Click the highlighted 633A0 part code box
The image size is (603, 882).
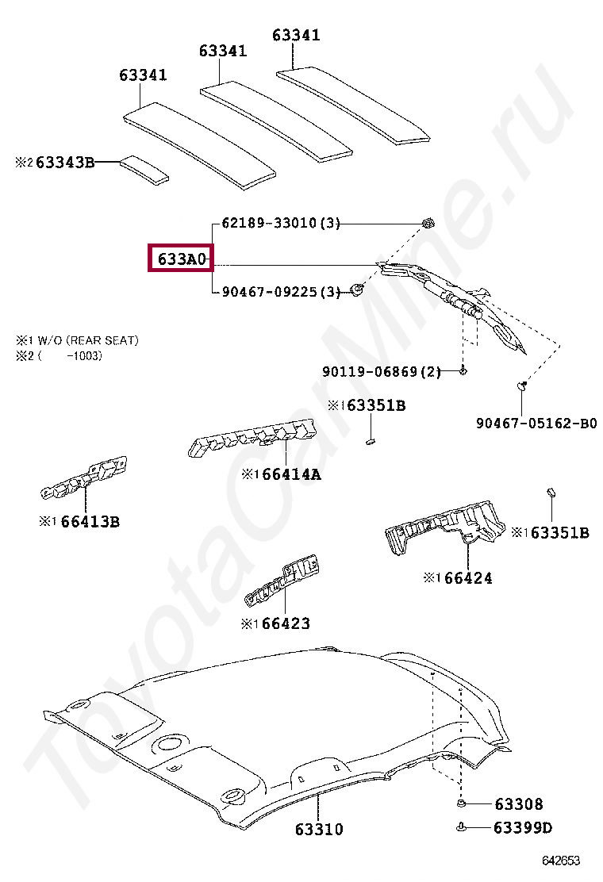pos(181,259)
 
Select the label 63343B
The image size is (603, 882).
pos(64,163)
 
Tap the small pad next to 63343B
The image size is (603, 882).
pos(144,169)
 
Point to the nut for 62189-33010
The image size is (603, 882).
pos(427,223)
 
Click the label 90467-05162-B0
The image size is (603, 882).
pos(536,424)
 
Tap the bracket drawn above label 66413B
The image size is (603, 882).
pos(85,479)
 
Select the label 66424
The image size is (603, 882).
pos(468,578)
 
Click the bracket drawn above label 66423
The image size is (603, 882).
pos(282,582)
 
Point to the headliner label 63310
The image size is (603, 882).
pos(319,830)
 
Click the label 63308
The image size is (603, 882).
pos(519,804)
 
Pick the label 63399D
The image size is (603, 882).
pos(522,829)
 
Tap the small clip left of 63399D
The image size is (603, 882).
pos(461,828)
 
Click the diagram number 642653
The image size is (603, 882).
pos(561,861)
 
